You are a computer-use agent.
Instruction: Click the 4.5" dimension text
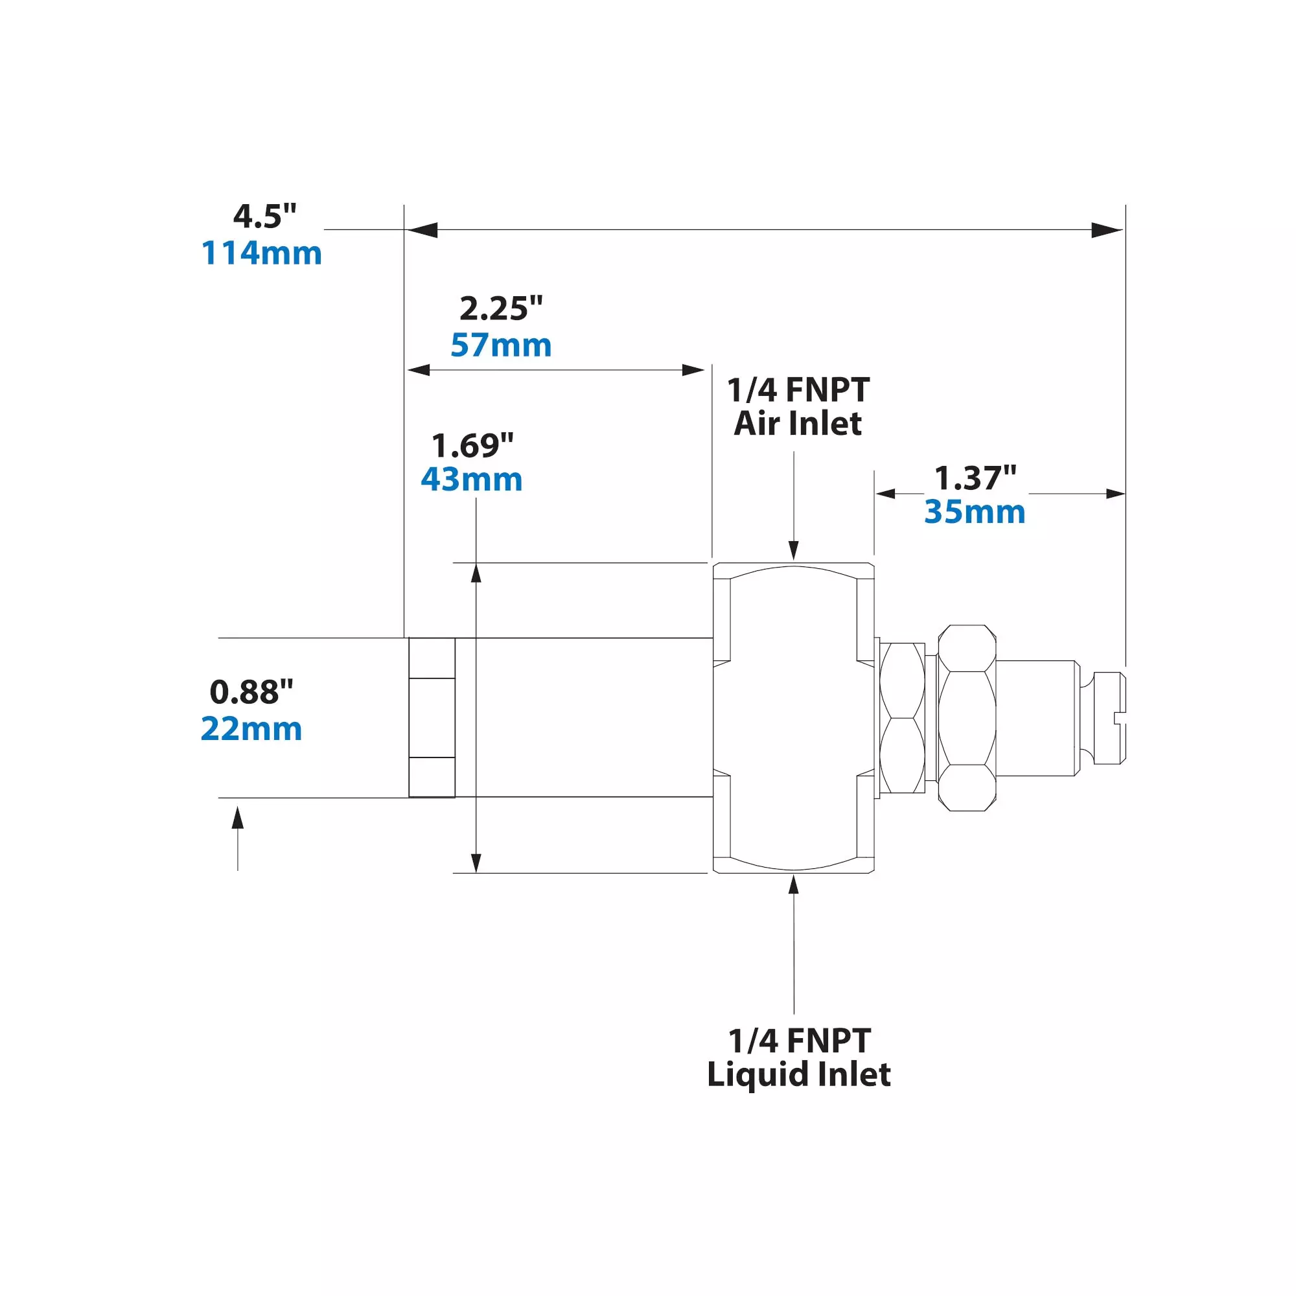pyautogui.click(x=264, y=216)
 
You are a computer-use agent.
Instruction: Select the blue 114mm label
pyautogui.click(x=262, y=253)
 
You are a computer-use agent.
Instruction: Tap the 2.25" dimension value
pyautogui.click(x=500, y=308)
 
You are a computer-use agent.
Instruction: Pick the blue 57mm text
pyautogui.click(x=500, y=345)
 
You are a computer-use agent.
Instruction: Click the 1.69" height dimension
pyautogui.click(x=472, y=445)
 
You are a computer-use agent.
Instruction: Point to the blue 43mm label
pyautogui.click(x=472, y=480)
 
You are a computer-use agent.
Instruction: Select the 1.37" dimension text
pyautogui.click(x=975, y=478)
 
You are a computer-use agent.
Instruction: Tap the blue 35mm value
pyautogui.click(x=975, y=513)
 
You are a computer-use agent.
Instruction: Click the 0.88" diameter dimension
pyautogui.click(x=251, y=691)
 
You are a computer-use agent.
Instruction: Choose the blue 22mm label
pyautogui.click(x=251, y=728)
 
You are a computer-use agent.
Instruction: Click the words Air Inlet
pyautogui.click(x=798, y=424)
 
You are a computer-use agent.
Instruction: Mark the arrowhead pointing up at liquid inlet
pyautogui.click(x=794, y=884)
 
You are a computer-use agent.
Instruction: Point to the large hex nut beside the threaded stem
pyautogui.click(x=967, y=718)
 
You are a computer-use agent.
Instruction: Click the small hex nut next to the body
pyautogui.click(x=902, y=718)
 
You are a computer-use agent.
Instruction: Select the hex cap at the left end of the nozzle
pyautogui.click(x=432, y=718)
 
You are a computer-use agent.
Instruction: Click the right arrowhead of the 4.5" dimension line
pyautogui.click(x=1107, y=230)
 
